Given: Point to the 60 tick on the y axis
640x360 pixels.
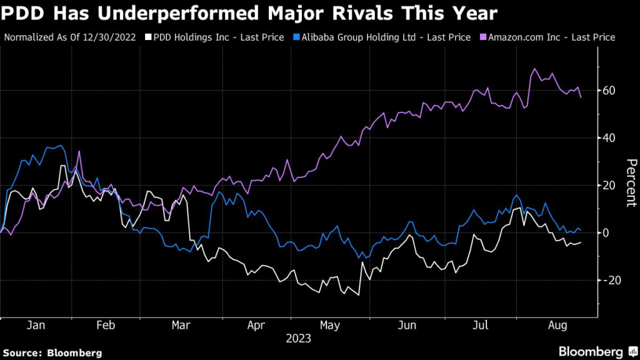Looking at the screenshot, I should click(609, 91).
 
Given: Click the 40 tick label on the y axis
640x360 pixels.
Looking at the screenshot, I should click(609, 138).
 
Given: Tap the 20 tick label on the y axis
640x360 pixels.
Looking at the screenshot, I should click(609, 186).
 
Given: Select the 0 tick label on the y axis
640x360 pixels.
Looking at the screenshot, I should click(606, 232).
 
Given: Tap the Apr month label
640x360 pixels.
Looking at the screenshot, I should click(256, 326).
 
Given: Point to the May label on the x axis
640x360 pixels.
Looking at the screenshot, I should click(331, 326).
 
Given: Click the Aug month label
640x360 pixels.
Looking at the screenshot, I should click(556, 326).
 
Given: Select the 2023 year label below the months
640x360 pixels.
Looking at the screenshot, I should click(298, 339).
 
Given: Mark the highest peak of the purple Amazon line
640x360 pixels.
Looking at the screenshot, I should click(535, 69).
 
